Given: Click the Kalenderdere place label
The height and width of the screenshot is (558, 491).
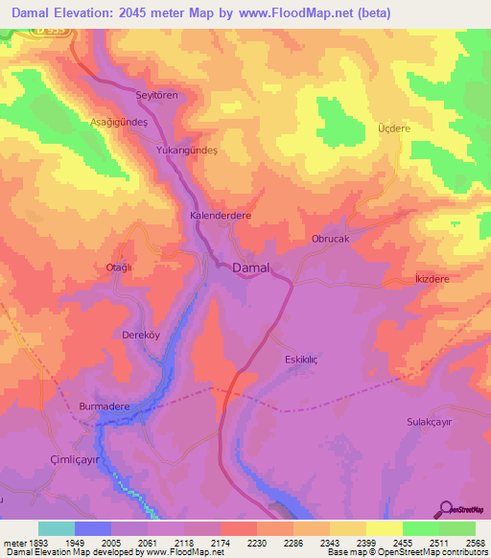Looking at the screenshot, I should (x=221, y=217).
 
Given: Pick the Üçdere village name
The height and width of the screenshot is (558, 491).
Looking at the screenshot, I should (x=393, y=128).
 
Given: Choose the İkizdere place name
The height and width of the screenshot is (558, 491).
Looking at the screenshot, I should (x=431, y=278).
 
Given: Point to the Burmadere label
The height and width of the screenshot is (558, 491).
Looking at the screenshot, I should (x=104, y=407).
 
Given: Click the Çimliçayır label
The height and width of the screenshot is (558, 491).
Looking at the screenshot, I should (x=76, y=459).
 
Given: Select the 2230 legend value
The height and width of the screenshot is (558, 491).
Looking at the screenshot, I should (x=257, y=542).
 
